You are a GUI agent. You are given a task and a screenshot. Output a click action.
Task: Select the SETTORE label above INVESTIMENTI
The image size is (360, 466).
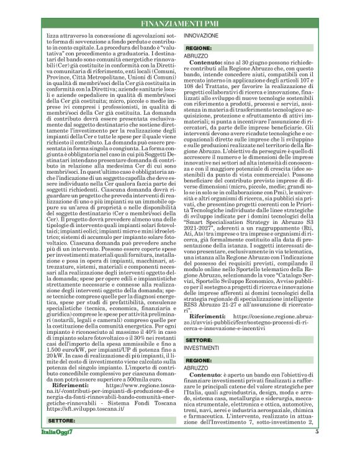coord(199,340)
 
